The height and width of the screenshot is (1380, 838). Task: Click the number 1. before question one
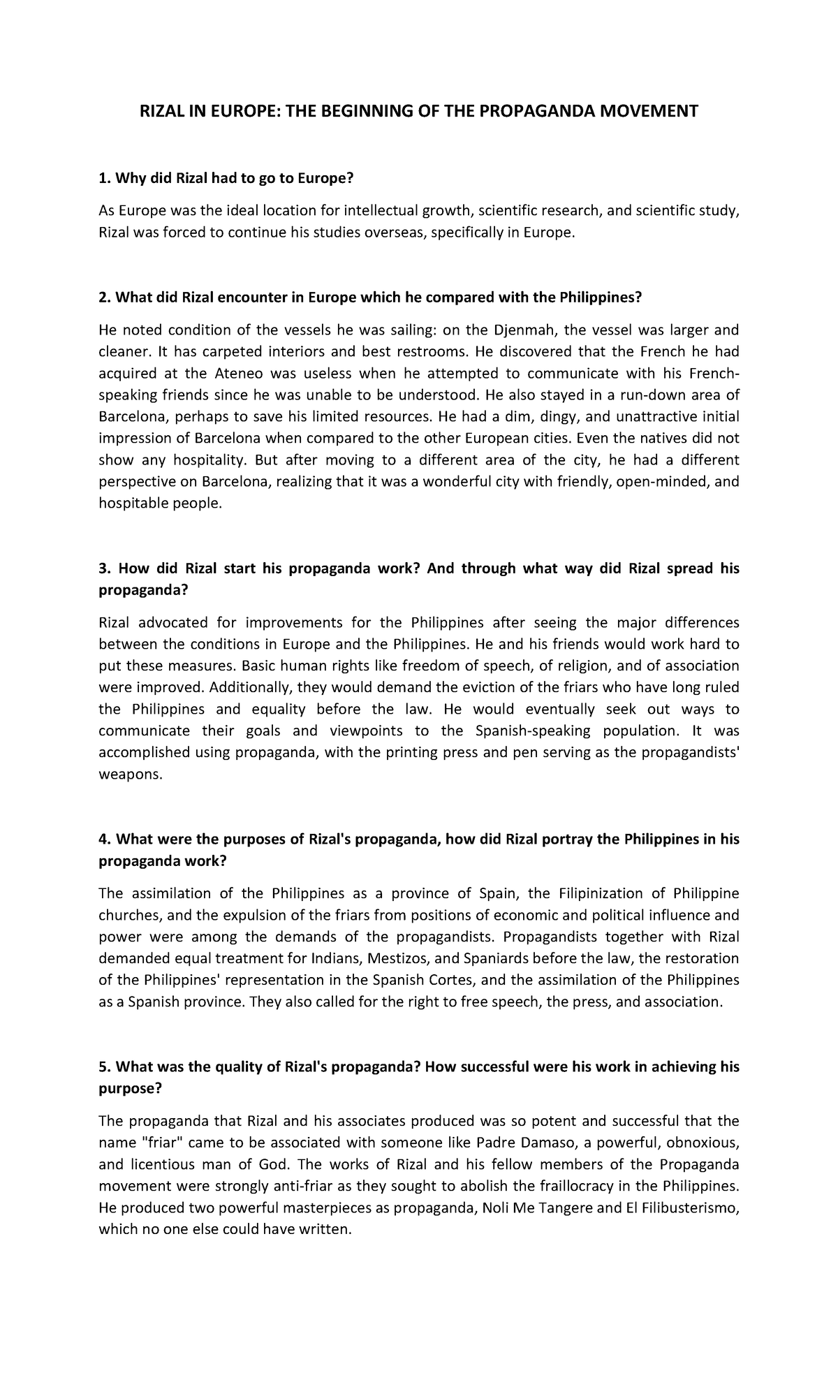(104, 179)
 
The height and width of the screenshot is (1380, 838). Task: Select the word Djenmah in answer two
(522, 330)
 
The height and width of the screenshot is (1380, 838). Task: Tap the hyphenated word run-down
(647, 395)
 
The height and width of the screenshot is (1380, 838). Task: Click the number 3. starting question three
(104, 568)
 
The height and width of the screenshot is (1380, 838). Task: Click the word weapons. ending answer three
(130, 775)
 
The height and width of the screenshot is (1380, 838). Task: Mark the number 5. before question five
(104, 1067)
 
